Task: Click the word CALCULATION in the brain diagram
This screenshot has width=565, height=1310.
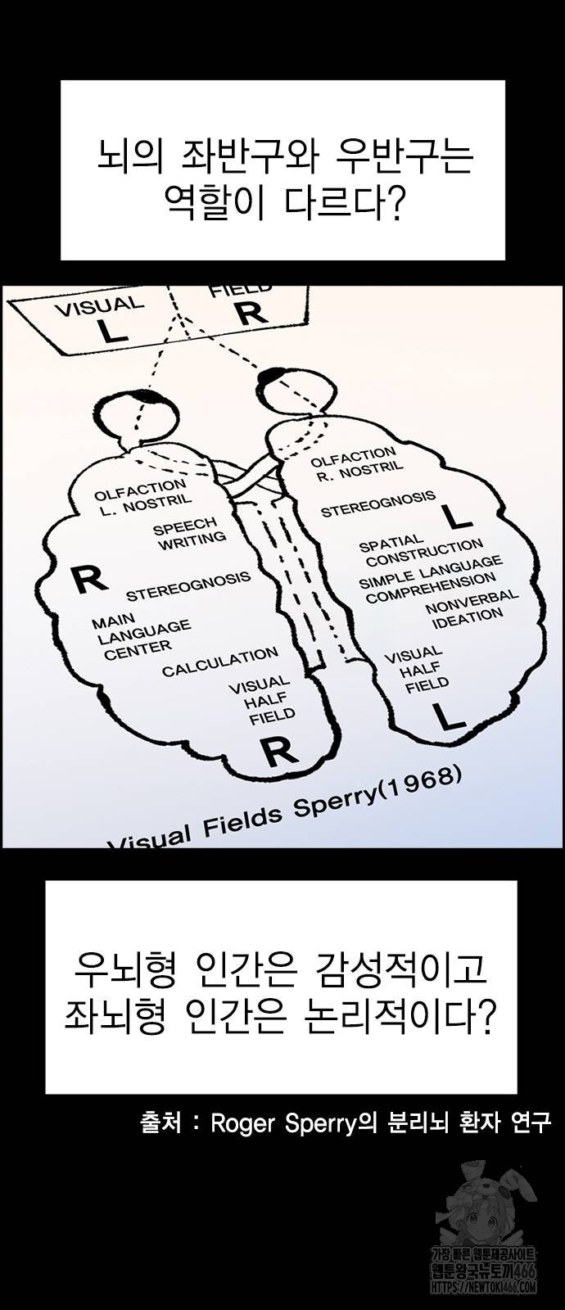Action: tap(219, 662)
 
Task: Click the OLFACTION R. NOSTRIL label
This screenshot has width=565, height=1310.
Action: tap(355, 463)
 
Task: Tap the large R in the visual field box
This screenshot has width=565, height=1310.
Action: tap(250, 312)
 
